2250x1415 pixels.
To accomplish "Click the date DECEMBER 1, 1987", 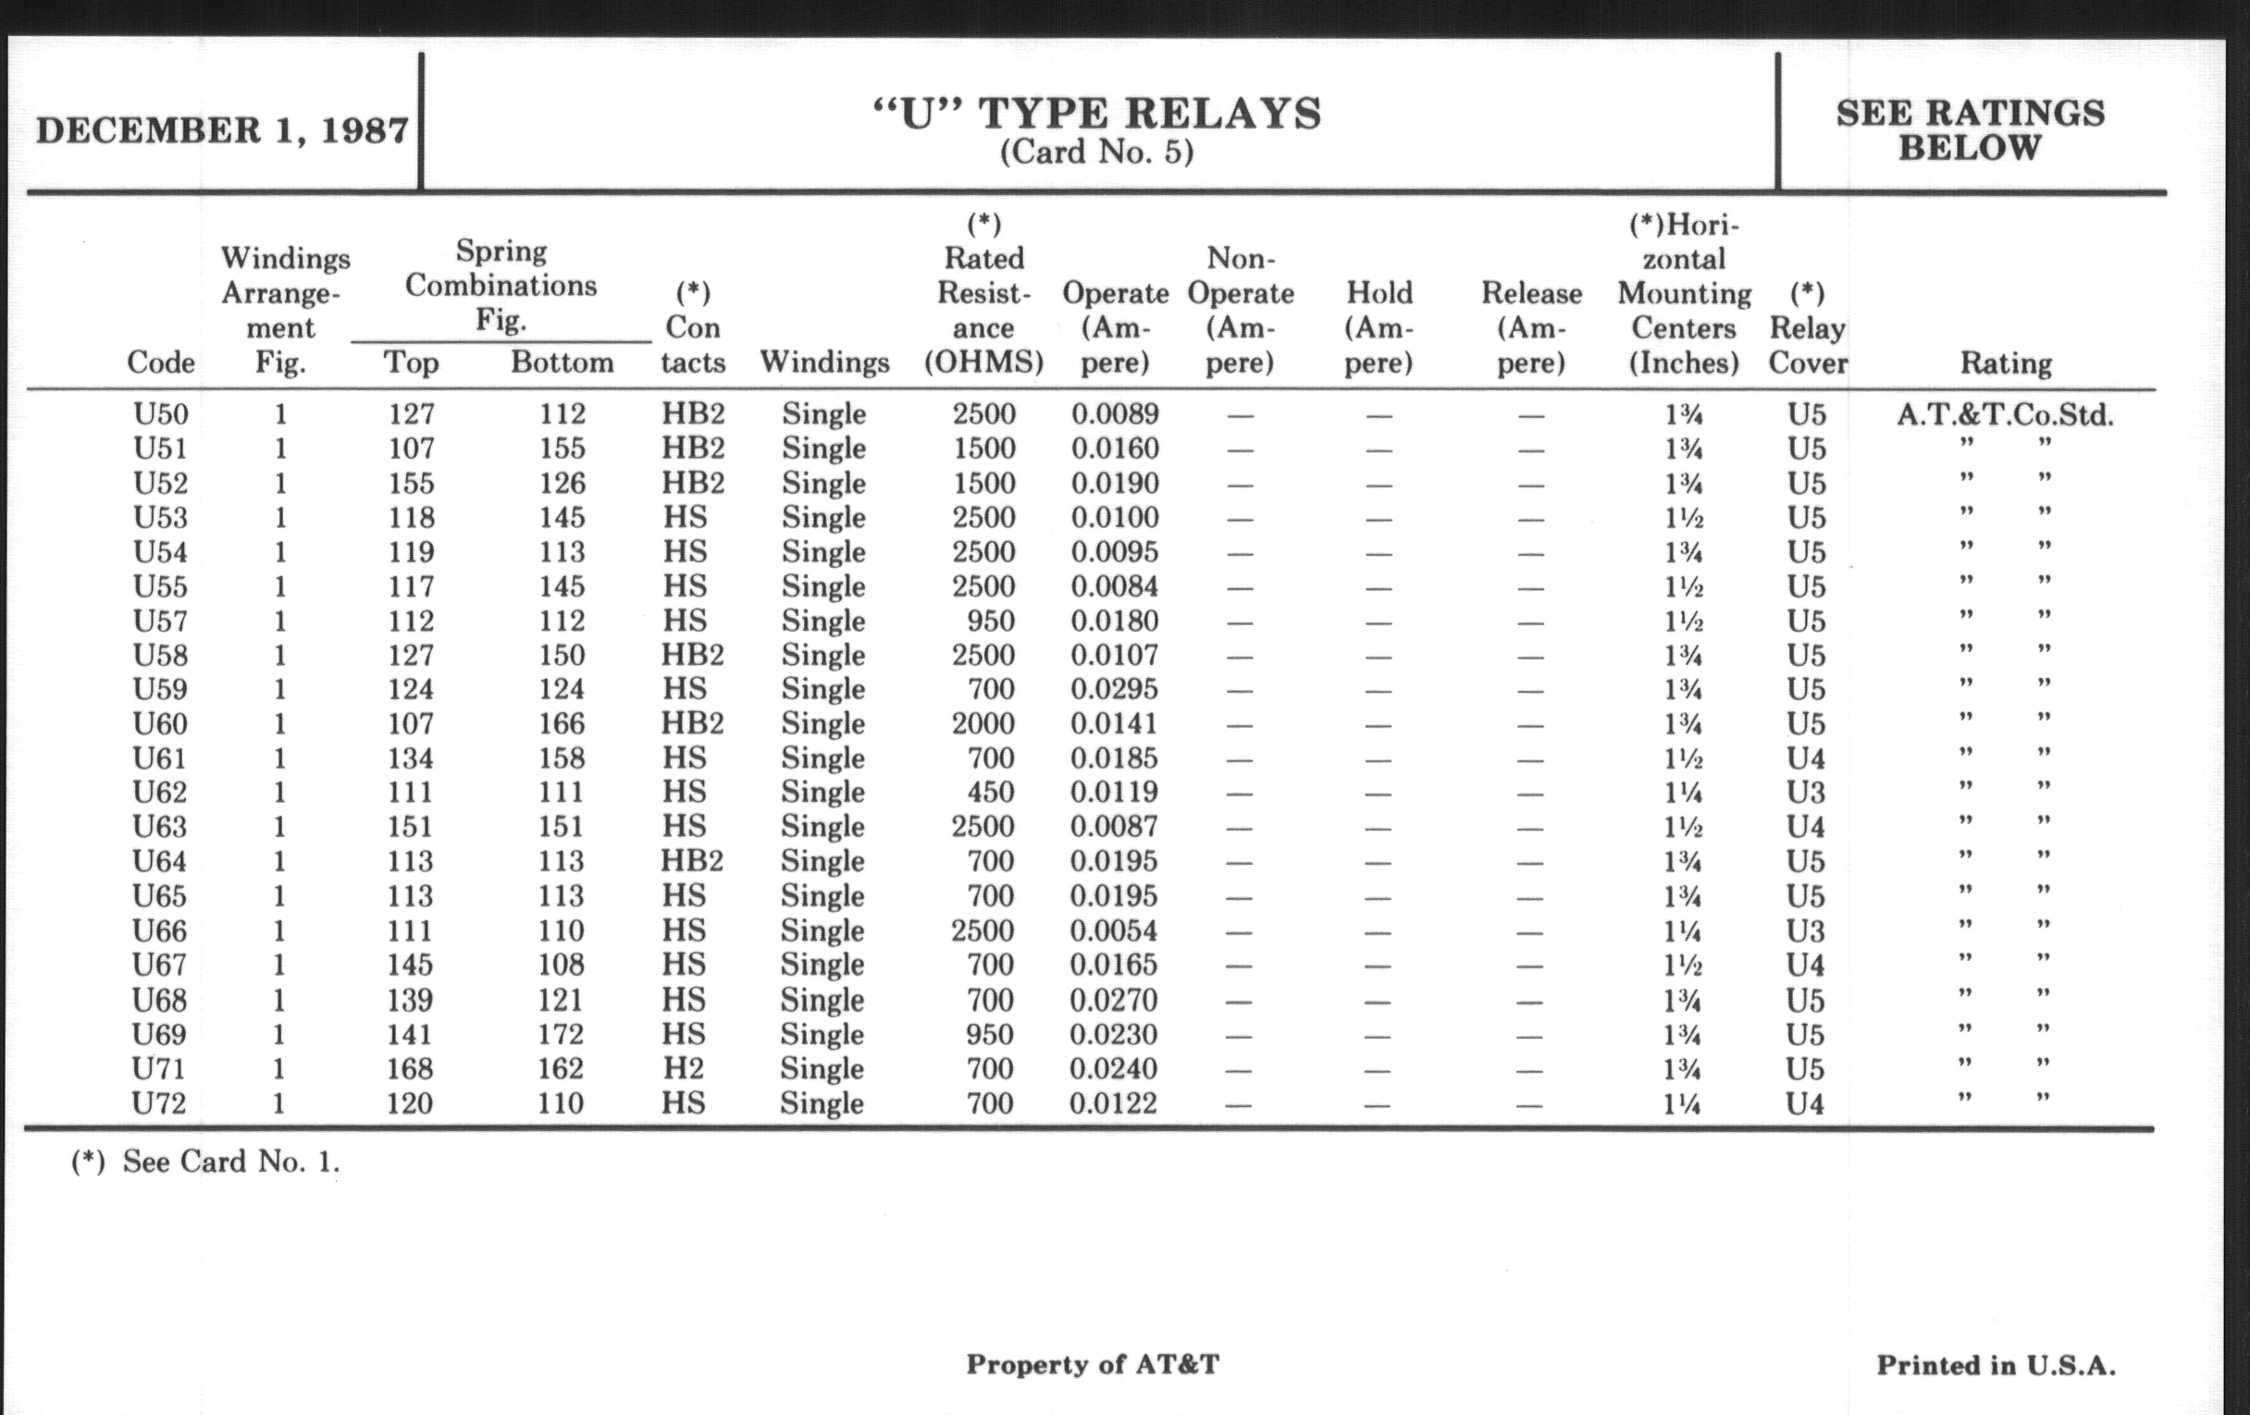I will [222, 129].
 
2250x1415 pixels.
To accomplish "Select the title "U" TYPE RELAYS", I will [1097, 114].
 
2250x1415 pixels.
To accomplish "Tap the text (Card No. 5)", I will [1097, 153].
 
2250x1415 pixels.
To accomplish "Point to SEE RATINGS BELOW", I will [1970, 129].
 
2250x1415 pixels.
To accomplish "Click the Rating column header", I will [2005, 363].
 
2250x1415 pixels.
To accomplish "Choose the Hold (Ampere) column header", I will [1378, 327].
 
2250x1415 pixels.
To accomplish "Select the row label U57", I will [161, 621].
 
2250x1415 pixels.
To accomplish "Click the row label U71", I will [159, 1068].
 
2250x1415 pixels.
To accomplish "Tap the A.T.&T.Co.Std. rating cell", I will [2005, 414].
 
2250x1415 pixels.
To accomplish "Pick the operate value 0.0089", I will [1115, 413].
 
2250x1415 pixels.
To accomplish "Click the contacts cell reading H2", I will [683, 1068].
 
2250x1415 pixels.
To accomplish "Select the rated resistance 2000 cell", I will [983, 724].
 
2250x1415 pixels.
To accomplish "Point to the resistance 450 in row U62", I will [991, 792].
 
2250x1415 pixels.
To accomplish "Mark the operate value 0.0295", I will [1115, 689].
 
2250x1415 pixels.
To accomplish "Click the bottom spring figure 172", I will [561, 1035].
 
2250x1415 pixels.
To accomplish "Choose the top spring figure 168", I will [410, 1068].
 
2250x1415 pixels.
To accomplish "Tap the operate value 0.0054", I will [1114, 930].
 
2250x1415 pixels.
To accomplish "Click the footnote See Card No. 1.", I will [205, 1162].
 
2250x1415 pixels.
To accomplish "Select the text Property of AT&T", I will [1093, 1364].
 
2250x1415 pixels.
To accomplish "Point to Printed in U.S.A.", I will [1996, 1365].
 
